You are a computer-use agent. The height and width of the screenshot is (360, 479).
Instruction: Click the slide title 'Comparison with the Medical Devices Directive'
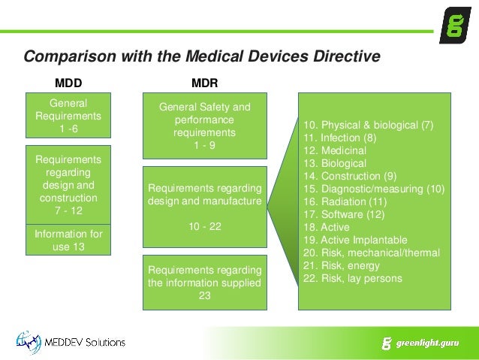tap(202, 56)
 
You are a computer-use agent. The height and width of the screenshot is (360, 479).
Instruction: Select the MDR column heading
tap(204, 81)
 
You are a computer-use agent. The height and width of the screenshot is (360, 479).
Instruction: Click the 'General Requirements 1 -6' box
tap(68, 116)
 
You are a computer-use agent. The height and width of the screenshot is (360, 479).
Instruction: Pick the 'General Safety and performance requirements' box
tap(204, 126)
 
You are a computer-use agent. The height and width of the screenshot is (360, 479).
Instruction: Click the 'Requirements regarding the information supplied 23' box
tap(204, 283)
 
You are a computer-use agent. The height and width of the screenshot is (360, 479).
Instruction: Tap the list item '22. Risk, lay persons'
tap(353, 278)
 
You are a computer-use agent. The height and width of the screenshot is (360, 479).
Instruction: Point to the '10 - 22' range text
tap(204, 225)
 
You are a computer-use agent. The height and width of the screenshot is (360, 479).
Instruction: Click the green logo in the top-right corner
tap(455, 26)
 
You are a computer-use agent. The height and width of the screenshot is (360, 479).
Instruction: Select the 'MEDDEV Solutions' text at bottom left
tap(88, 343)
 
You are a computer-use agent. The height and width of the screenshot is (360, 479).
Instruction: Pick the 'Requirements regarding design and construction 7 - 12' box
tap(68, 183)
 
